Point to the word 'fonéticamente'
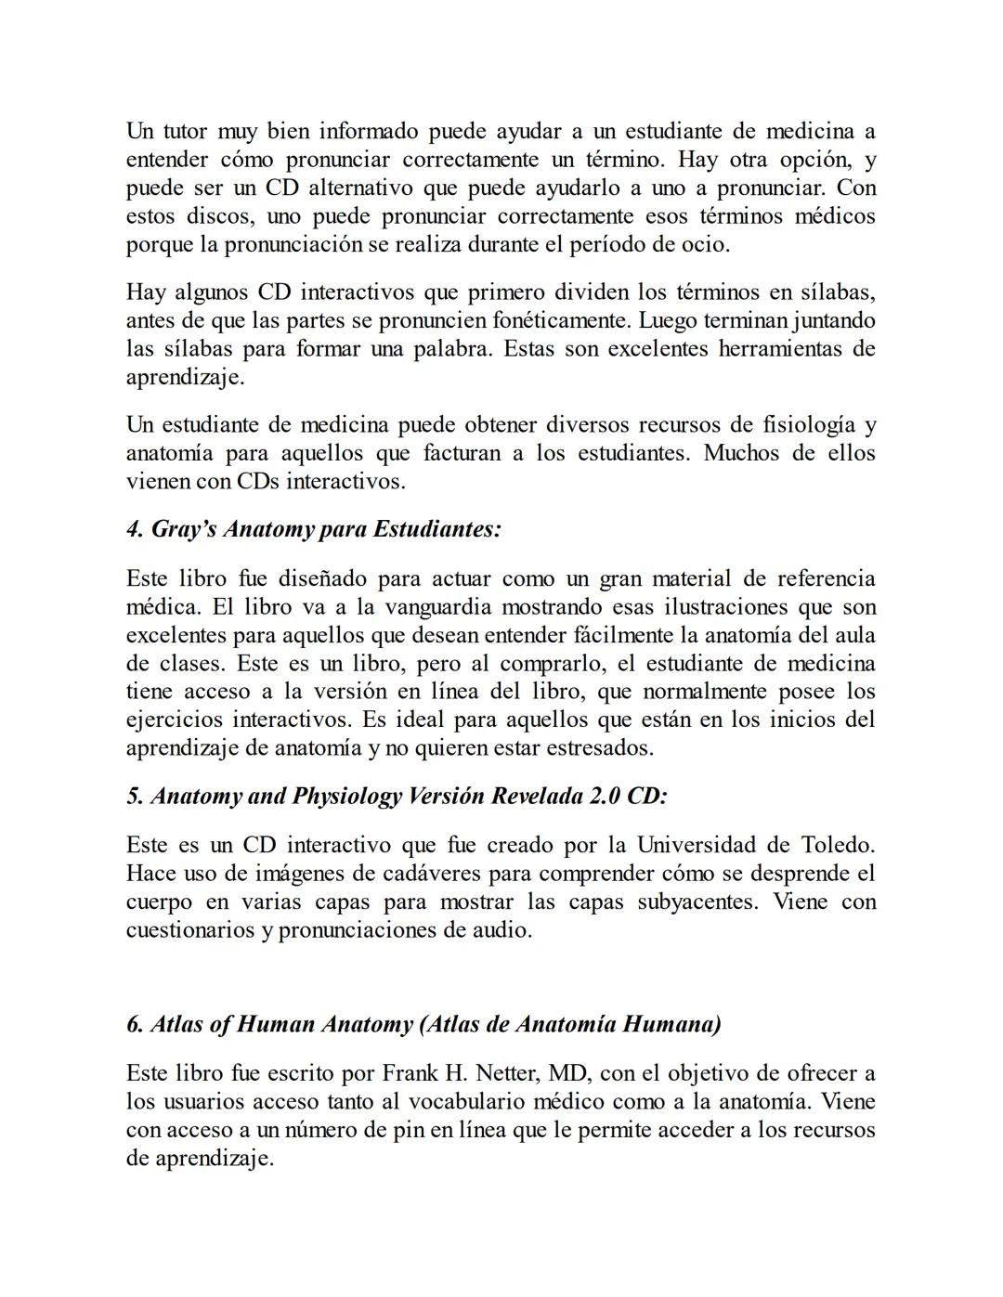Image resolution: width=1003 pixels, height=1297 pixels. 554,321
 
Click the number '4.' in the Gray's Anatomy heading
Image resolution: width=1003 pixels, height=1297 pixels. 136,529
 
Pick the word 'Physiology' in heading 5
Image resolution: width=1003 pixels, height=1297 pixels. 346,797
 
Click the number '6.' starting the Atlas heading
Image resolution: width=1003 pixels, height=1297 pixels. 136,1025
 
